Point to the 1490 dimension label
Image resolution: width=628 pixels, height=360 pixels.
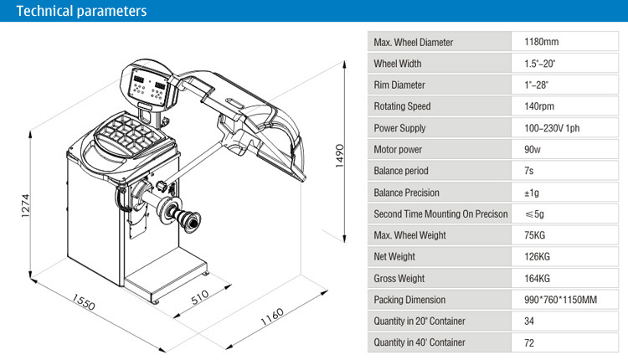(x=339, y=155)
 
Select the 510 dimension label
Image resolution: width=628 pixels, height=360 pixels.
(x=200, y=296)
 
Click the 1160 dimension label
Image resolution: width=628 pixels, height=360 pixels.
(x=272, y=316)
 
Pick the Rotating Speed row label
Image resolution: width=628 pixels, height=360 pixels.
(x=402, y=106)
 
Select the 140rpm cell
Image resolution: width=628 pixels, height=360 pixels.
(x=539, y=106)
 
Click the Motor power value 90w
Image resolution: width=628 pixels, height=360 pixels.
(x=533, y=149)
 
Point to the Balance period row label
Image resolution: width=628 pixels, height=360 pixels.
(x=401, y=171)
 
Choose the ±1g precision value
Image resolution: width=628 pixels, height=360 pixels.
(x=532, y=192)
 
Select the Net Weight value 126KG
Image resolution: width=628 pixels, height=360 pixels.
(x=537, y=256)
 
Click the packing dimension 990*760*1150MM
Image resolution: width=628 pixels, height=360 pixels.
(x=560, y=300)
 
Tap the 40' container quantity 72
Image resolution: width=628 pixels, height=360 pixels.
(x=529, y=342)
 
